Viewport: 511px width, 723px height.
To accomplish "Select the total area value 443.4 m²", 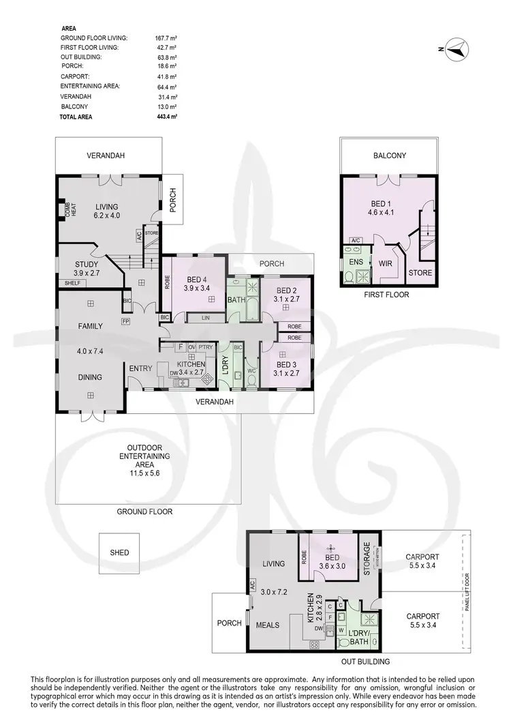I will pyautogui.click(x=166, y=117).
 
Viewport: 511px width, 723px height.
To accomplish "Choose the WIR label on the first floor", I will pyautogui.click(x=386, y=263).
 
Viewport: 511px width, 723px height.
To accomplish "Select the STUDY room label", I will pyautogui.click(x=87, y=264).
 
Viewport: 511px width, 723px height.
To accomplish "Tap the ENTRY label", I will pyautogui.click(x=140, y=369).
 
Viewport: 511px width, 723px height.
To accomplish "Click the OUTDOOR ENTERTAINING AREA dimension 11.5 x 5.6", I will pyautogui.click(x=144, y=473).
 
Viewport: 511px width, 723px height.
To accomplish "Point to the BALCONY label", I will pyautogui.click(x=390, y=156).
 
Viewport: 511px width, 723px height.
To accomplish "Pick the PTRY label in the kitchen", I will pyautogui.click(x=206, y=347).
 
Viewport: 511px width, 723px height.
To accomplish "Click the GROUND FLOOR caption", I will pyautogui.click(x=144, y=512).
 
